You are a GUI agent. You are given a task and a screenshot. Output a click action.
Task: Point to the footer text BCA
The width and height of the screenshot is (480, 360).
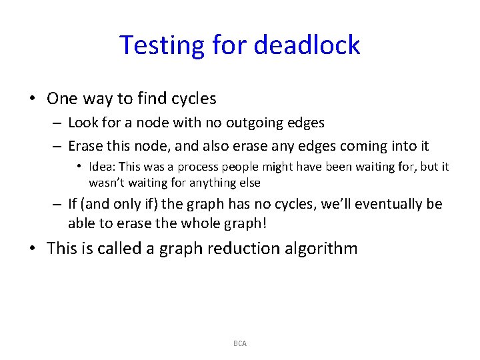(x=240, y=343)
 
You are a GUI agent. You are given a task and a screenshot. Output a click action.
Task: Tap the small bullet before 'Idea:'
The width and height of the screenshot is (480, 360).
(x=79, y=167)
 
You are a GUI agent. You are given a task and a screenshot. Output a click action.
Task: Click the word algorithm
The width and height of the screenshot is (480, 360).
(x=326, y=249)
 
